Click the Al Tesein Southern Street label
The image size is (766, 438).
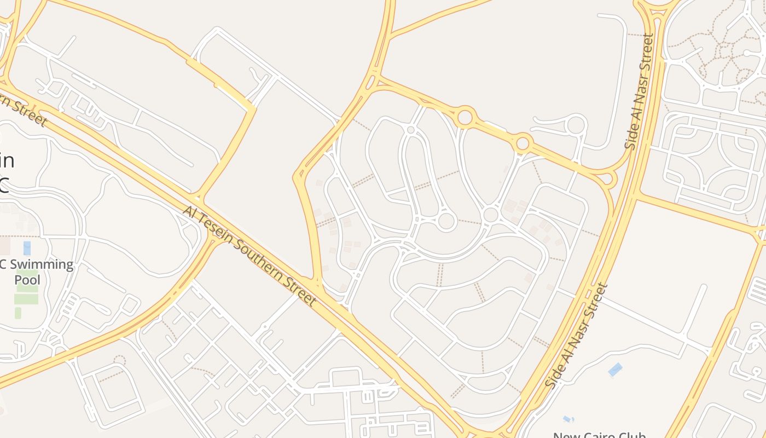click(249, 256)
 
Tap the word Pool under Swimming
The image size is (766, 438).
click(27, 280)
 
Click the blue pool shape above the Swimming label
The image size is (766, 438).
click(27, 248)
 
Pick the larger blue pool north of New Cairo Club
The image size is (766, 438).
click(615, 370)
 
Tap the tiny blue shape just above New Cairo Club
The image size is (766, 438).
click(568, 419)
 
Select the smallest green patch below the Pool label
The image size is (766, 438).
click(18, 313)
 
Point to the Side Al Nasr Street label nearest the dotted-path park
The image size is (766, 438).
click(640, 91)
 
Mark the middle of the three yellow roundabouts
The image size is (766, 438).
click(523, 143)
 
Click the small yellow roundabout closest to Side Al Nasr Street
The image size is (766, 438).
click(606, 178)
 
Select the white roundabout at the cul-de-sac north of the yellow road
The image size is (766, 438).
click(576, 125)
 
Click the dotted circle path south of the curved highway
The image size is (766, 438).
click(119, 360)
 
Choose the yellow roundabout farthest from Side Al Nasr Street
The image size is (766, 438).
click(465, 117)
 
